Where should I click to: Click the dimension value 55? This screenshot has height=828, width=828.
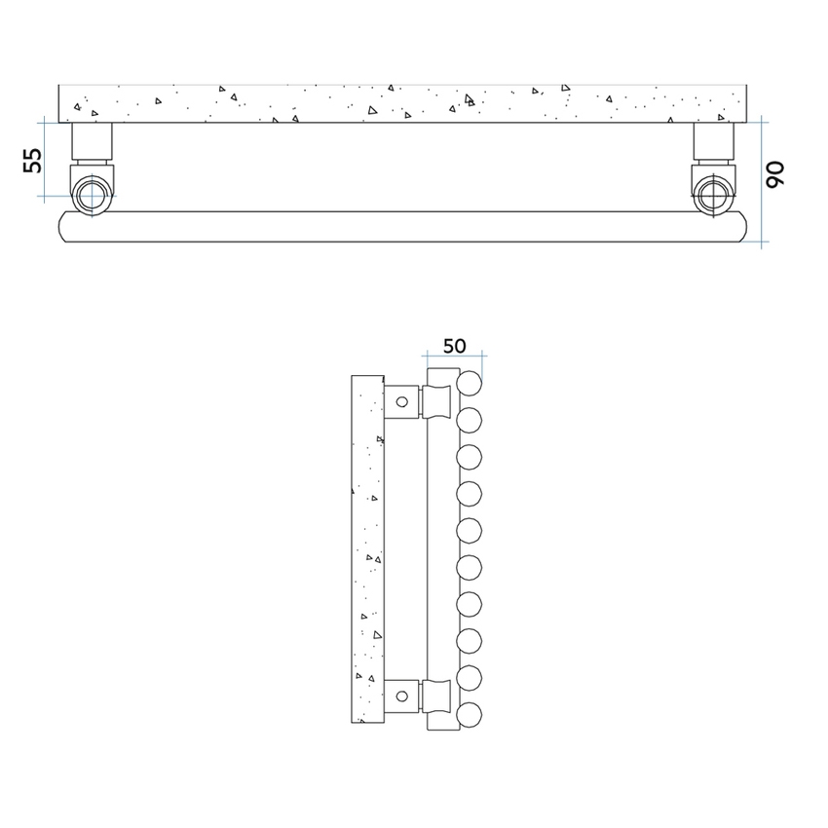coord(33,160)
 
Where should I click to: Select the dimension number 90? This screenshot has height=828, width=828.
coord(776,175)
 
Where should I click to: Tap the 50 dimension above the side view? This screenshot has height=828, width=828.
coord(454,346)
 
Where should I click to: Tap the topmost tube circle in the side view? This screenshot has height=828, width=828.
coord(470,382)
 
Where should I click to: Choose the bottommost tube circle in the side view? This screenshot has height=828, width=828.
coord(470,713)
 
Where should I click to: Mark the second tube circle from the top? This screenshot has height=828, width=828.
coord(470,419)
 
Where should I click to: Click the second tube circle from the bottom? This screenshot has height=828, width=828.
coord(470,676)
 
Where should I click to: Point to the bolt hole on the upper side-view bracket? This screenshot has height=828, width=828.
coord(401,400)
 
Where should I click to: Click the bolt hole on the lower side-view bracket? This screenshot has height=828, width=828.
coord(401,696)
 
